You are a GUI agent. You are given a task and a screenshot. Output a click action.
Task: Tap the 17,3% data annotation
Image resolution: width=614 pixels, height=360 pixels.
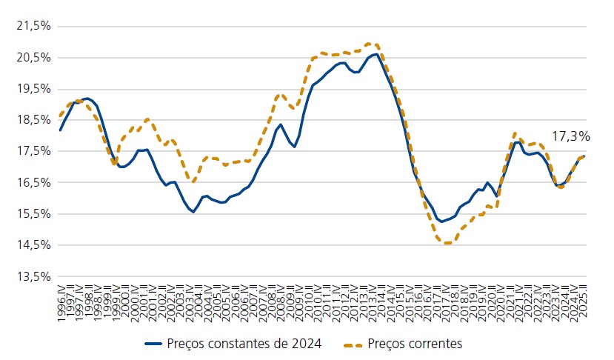(570, 137)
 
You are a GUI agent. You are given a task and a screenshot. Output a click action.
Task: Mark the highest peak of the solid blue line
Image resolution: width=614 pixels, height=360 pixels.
(376, 54)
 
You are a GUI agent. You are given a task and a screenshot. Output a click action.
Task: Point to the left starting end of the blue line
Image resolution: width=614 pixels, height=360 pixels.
(60, 130)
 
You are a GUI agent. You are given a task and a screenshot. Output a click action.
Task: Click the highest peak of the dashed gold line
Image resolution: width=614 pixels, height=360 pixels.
(370, 44)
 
